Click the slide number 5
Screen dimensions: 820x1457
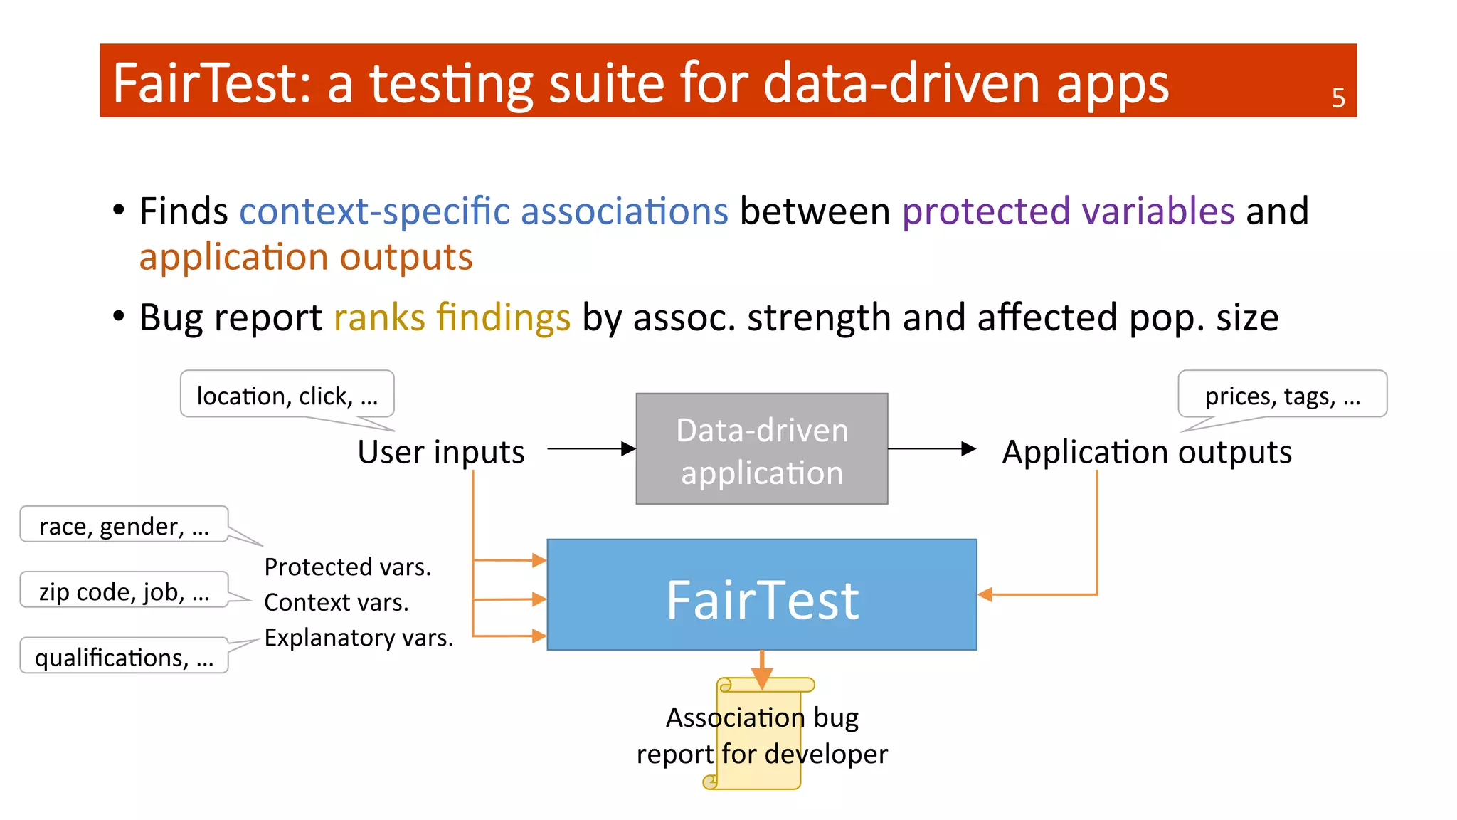(x=1337, y=98)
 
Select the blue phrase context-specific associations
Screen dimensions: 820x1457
(x=484, y=211)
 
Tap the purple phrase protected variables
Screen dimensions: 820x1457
(x=1068, y=211)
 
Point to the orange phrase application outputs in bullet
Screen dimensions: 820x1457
(x=306, y=257)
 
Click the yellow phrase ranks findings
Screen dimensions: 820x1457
(x=452, y=317)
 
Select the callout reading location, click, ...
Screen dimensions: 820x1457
(x=287, y=394)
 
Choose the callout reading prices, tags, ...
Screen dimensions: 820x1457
(x=1282, y=394)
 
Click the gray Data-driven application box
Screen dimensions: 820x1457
(x=761, y=449)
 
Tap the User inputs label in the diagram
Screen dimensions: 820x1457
(x=440, y=452)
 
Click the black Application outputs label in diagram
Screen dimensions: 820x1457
(x=1146, y=452)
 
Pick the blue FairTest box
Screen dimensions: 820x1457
(x=761, y=595)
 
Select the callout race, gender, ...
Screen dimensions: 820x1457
(x=124, y=525)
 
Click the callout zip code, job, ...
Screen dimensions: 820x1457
(x=124, y=591)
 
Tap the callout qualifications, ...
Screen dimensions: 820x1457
(x=124, y=656)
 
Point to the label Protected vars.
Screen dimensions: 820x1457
(x=347, y=567)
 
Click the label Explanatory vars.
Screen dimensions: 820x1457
(x=359, y=637)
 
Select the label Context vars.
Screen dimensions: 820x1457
(x=336, y=602)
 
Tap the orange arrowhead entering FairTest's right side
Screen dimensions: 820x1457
(x=985, y=594)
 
